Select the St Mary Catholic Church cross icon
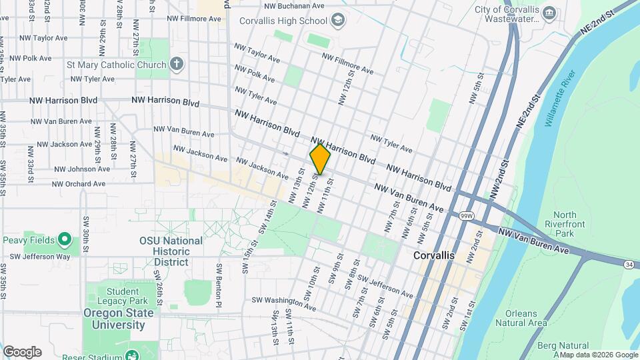click(176, 65)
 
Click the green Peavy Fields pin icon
click(64, 239)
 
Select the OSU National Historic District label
click(171, 251)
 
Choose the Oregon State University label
click(115, 319)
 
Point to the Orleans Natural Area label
click(521, 318)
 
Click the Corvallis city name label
click(433, 255)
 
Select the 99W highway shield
click(466, 215)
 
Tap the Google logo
click(22, 352)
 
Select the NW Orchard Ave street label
click(79, 184)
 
